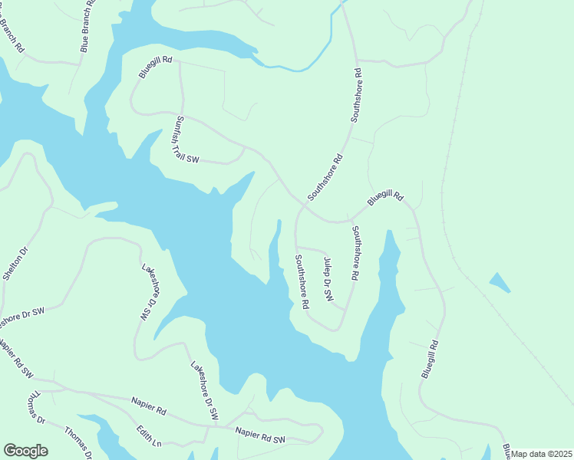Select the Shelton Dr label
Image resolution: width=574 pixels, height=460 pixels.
pyautogui.click(x=15, y=263)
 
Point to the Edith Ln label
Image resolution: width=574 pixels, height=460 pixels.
pyautogui.click(x=149, y=437)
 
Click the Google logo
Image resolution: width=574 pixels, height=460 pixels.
pyautogui.click(x=25, y=451)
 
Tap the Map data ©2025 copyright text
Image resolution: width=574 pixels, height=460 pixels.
pyautogui.click(x=542, y=454)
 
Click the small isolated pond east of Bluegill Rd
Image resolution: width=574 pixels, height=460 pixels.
pyautogui.click(x=499, y=283)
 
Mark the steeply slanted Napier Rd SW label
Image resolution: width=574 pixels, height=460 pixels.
pyautogui.click(x=15, y=358)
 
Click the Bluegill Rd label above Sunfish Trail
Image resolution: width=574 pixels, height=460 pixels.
pyautogui.click(x=155, y=67)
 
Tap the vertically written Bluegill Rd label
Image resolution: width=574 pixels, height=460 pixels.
pyautogui.click(x=430, y=358)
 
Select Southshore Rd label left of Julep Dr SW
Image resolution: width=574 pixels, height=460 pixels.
pyautogui.click(x=302, y=281)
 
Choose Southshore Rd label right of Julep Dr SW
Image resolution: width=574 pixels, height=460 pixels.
pyautogui.click(x=355, y=253)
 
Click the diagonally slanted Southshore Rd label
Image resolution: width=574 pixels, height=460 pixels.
pyautogui.click(x=325, y=177)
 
